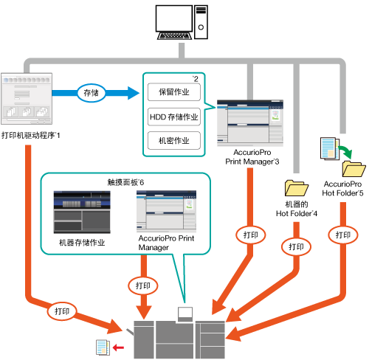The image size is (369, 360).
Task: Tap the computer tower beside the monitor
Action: click(201, 22)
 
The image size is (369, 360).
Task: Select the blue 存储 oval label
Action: click(92, 93)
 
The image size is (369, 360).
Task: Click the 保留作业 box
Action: click(174, 92)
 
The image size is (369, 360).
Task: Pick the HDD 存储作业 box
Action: click(174, 117)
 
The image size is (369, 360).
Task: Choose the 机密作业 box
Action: click(174, 141)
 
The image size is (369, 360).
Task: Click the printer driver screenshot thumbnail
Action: click(27, 99)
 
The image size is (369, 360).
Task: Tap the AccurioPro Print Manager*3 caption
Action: click(252, 157)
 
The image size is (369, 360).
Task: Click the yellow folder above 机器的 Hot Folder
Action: click(296, 188)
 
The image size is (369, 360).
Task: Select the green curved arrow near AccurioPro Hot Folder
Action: click(345, 152)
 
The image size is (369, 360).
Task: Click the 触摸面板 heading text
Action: click(125, 182)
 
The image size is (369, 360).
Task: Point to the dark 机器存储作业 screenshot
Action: click(82, 212)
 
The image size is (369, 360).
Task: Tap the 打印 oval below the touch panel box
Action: click(143, 285)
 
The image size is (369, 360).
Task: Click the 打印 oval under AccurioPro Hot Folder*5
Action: click(343, 235)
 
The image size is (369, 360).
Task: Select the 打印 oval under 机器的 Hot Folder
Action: click(296, 246)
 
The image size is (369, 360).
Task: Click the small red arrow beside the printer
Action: click(118, 347)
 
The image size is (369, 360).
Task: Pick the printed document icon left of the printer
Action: click(103, 347)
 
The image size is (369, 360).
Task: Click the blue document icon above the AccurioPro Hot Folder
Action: click(330, 148)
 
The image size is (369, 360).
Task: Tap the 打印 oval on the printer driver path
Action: click(62, 311)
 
